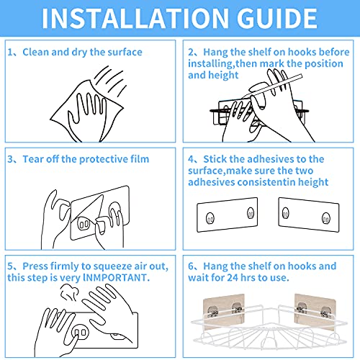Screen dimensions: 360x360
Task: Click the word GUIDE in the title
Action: [x=277, y=18]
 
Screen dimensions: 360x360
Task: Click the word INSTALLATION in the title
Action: [x=135, y=18]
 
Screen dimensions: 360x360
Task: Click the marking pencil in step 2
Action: [x=272, y=86]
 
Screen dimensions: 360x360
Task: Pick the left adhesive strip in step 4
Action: [x=227, y=215]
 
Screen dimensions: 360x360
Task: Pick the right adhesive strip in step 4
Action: [x=309, y=215]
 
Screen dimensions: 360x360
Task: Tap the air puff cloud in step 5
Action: [x=69, y=292]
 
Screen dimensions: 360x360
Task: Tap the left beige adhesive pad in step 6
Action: [x=223, y=310]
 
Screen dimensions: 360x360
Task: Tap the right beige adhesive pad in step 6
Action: [x=315, y=311]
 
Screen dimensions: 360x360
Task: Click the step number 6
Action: [x=191, y=266]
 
